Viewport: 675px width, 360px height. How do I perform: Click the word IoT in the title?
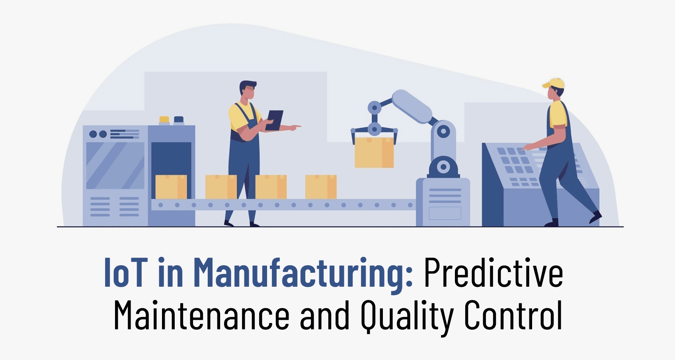125,273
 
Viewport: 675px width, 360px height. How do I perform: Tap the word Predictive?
493,274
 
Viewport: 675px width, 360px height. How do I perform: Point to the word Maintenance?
201,315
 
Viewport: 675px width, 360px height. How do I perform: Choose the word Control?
513,315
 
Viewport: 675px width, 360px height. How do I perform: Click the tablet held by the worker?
275,120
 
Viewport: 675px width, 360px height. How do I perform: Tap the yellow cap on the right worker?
554,84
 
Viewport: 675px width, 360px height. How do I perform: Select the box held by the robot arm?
374,152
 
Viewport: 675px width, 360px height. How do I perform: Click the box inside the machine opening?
171,187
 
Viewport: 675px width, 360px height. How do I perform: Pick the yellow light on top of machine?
164,119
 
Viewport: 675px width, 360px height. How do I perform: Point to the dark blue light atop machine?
179,119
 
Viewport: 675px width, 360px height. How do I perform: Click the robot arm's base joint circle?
443,167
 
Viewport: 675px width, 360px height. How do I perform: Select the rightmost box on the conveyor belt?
321,187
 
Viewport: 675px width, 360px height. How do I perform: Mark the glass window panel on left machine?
115,165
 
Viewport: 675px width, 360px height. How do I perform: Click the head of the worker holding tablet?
248,92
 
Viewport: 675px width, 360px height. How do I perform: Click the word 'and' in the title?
324,316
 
